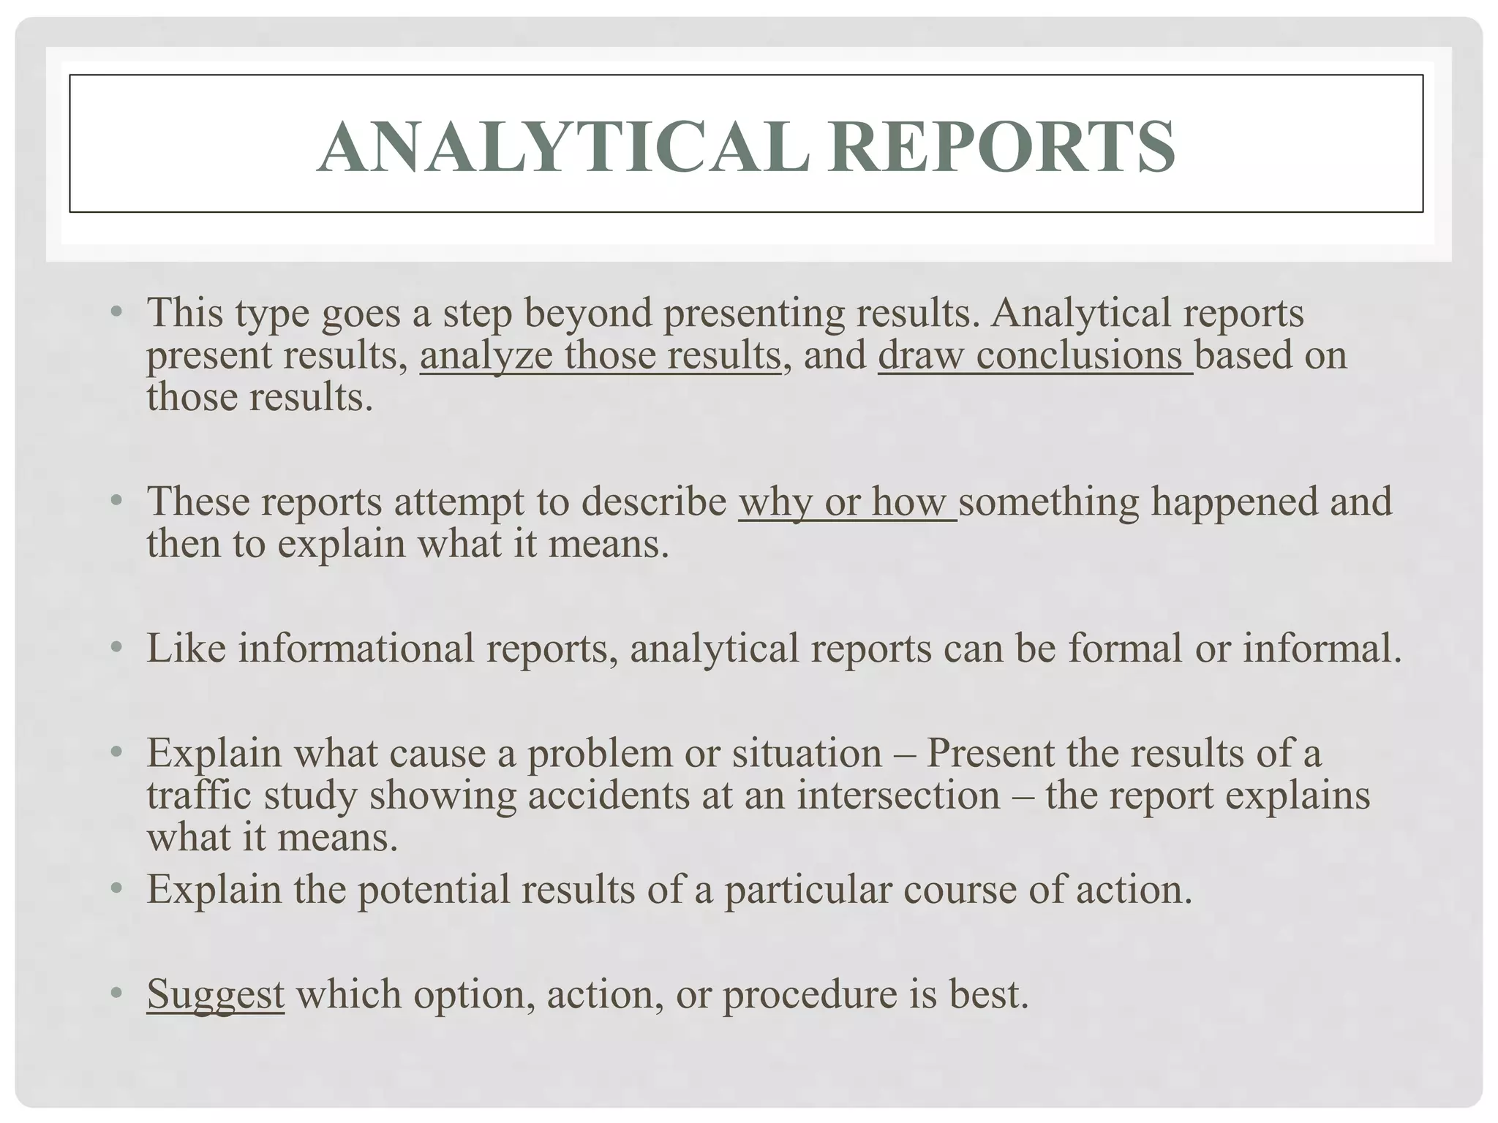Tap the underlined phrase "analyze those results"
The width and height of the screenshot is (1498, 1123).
click(x=600, y=356)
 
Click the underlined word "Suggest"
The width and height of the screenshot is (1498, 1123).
click(x=215, y=994)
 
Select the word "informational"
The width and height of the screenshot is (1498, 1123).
click(x=356, y=649)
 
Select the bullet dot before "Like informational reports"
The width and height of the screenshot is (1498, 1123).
click(x=116, y=647)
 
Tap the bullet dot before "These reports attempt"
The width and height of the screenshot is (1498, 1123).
click(x=116, y=501)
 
